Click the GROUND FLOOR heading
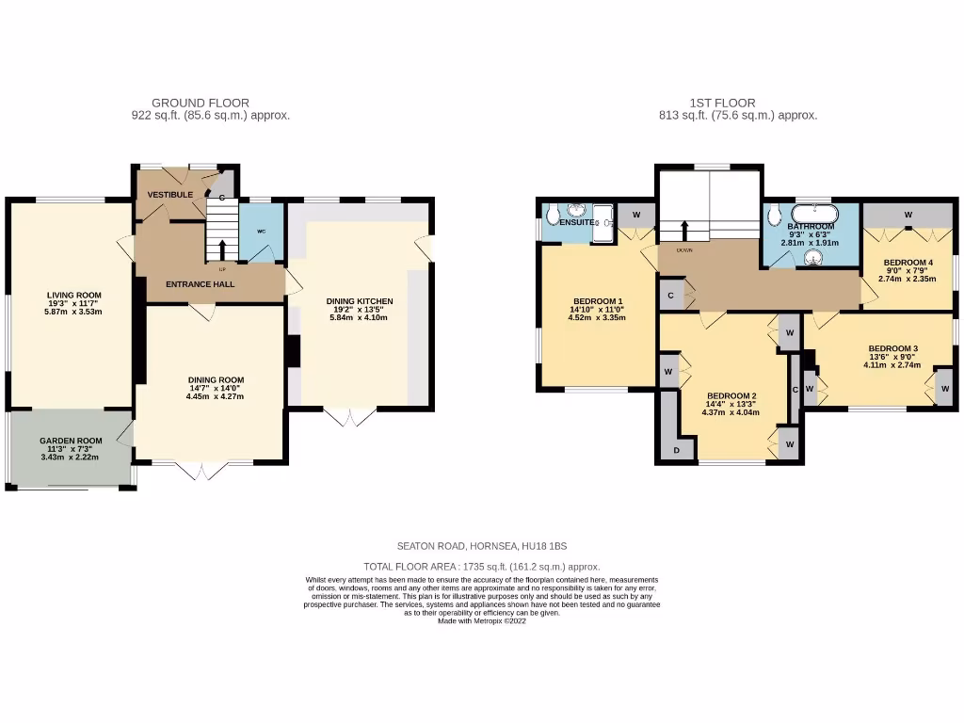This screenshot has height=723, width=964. (x=201, y=104)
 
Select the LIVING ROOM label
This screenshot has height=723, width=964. (x=73, y=295)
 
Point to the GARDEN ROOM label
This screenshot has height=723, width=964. (x=71, y=441)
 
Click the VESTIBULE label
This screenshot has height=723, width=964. (x=170, y=195)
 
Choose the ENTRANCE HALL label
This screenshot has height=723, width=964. (x=201, y=284)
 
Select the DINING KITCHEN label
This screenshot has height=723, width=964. (x=360, y=301)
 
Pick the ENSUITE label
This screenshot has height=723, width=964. (x=577, y=222)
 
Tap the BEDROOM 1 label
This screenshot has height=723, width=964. (x=596, y=301)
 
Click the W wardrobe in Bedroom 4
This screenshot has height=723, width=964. (x=908, y=215)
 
